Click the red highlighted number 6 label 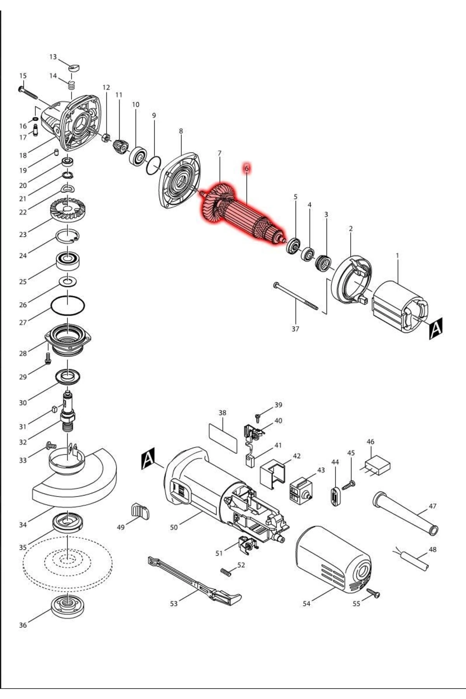[246, 169]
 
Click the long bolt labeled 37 [296, 297]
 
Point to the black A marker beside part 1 [436, 328]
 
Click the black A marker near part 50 [148, 458]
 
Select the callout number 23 [23, 234]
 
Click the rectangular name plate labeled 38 [223, 438]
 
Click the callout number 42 [297, 456]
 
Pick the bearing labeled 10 [138, 156]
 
